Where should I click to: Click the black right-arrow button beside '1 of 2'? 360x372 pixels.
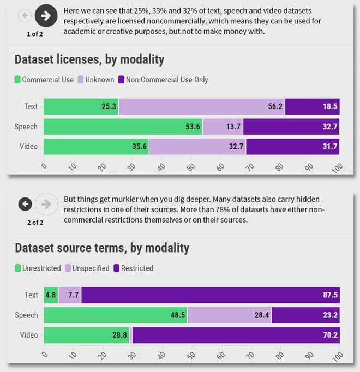click(46, 16)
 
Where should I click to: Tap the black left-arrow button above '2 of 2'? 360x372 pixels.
click(25, 204)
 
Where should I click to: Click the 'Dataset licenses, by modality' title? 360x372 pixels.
click(89, 59)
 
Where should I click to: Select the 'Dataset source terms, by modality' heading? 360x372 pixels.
click(102, 248)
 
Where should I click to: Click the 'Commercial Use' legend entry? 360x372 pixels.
click(44, 80)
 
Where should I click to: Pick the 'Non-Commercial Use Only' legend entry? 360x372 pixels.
click(163, 80)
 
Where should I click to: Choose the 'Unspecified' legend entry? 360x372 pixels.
click(87, 268)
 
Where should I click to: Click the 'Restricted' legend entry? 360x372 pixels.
click(133, 268)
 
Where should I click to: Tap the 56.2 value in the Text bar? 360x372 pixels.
click(275, 107)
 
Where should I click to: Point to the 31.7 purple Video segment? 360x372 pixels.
click(292, 147)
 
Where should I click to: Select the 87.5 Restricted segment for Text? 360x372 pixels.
click(210, 295)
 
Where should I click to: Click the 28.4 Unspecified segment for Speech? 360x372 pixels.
click(229, 315)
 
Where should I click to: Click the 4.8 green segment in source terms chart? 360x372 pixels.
click(51, 295)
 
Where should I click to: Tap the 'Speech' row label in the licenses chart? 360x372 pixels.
click(26, 127)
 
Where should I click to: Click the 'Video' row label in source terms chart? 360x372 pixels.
click(28, 335)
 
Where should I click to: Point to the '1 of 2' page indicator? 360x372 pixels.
click(35, 34)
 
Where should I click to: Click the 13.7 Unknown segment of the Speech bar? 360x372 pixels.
click(223, 127)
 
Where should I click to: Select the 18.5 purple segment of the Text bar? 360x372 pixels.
click(312, 107)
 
